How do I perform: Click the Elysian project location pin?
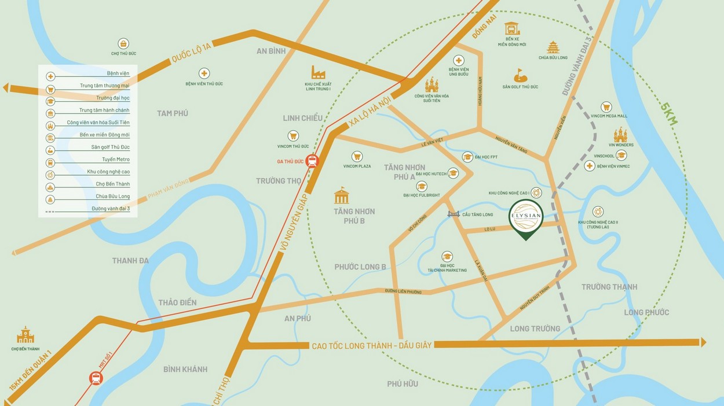(525, 218)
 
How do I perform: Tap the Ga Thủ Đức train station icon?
(313, 161)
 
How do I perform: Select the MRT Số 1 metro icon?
(96, 378)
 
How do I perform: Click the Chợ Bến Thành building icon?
(25, 335)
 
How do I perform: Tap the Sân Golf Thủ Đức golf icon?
(520, 76)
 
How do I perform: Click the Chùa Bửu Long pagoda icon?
(553, 47)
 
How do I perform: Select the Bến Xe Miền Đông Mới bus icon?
(511, 28)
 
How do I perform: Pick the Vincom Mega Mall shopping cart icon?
(606, 107)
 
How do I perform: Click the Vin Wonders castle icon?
(620, 135)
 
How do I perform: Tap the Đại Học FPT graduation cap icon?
(467, 157)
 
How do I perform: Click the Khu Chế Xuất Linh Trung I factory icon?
(317, 72)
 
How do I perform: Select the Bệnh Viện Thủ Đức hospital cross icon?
(204, 73)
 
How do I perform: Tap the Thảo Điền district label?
(177, 302)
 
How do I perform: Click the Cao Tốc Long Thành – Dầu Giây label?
(372, 345)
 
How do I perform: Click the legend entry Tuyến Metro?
(116, 159)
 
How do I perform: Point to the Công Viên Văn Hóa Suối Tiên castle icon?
(432, 85)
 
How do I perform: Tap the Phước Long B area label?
(360, 267)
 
